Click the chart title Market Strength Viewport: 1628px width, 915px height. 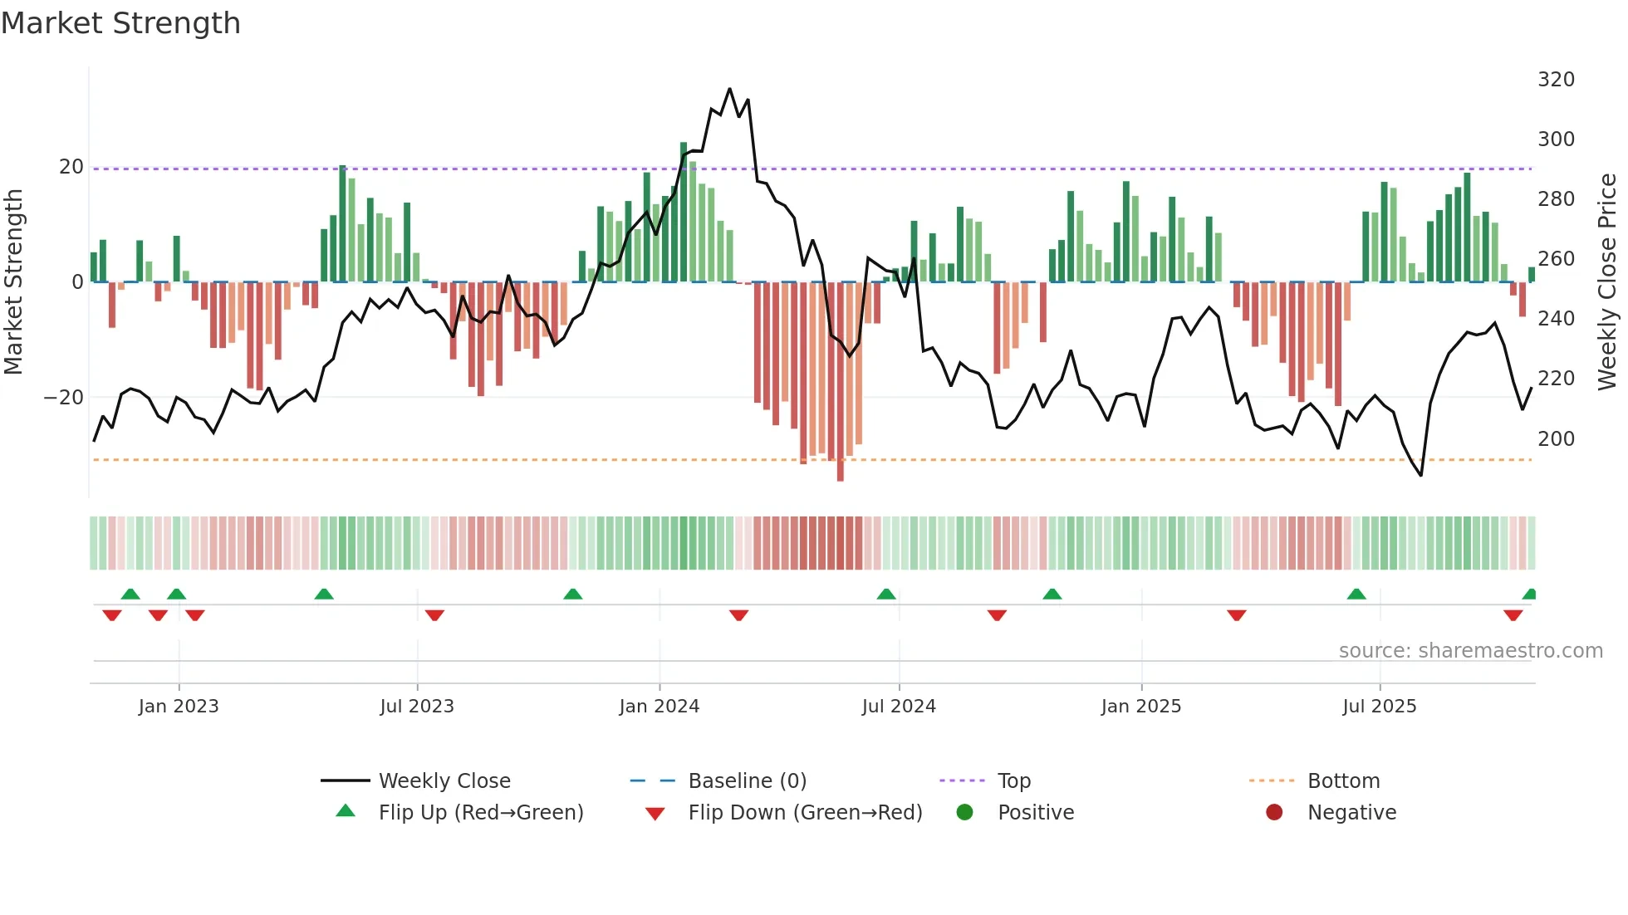click(120, 23)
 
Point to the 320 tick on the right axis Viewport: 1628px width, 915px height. click(1556, 80)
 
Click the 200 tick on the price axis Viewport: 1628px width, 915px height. click(1556, 438)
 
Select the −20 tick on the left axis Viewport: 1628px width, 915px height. click(64, 398)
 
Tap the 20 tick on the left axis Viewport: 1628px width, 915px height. click(71, 167)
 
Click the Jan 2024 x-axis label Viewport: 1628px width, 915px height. click(659, 707)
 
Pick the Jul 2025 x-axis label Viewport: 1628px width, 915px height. click(1379, 707)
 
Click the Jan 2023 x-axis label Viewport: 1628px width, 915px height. click(179, 707)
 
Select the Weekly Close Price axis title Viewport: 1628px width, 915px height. click(1607, 282)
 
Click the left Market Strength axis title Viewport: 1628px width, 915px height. click(13, 282)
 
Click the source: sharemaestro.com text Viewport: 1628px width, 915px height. click(1470, 651)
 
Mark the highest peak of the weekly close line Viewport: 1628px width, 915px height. click(729, 89)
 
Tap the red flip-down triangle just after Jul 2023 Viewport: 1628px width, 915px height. click(434, 615)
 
